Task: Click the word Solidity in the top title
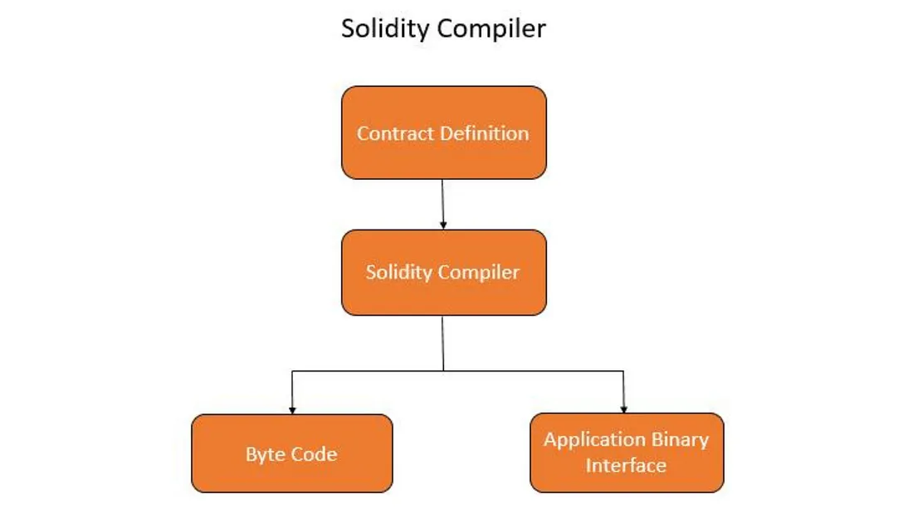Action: pyautogui.click(x=386, y=29)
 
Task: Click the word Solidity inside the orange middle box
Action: pyautogui.click(x=396, y=272)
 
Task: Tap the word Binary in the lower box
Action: pyautogui.click(x=680, y=439)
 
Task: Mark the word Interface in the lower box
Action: pyautogui.click(x=626, y=465)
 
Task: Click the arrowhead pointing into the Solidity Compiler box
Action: pyautogui.click(x=443, y=225)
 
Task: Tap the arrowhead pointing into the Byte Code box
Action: pyautogui.click(x=292, y=409)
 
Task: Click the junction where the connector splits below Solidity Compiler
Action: pyautogui.click(x=443, y=370)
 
